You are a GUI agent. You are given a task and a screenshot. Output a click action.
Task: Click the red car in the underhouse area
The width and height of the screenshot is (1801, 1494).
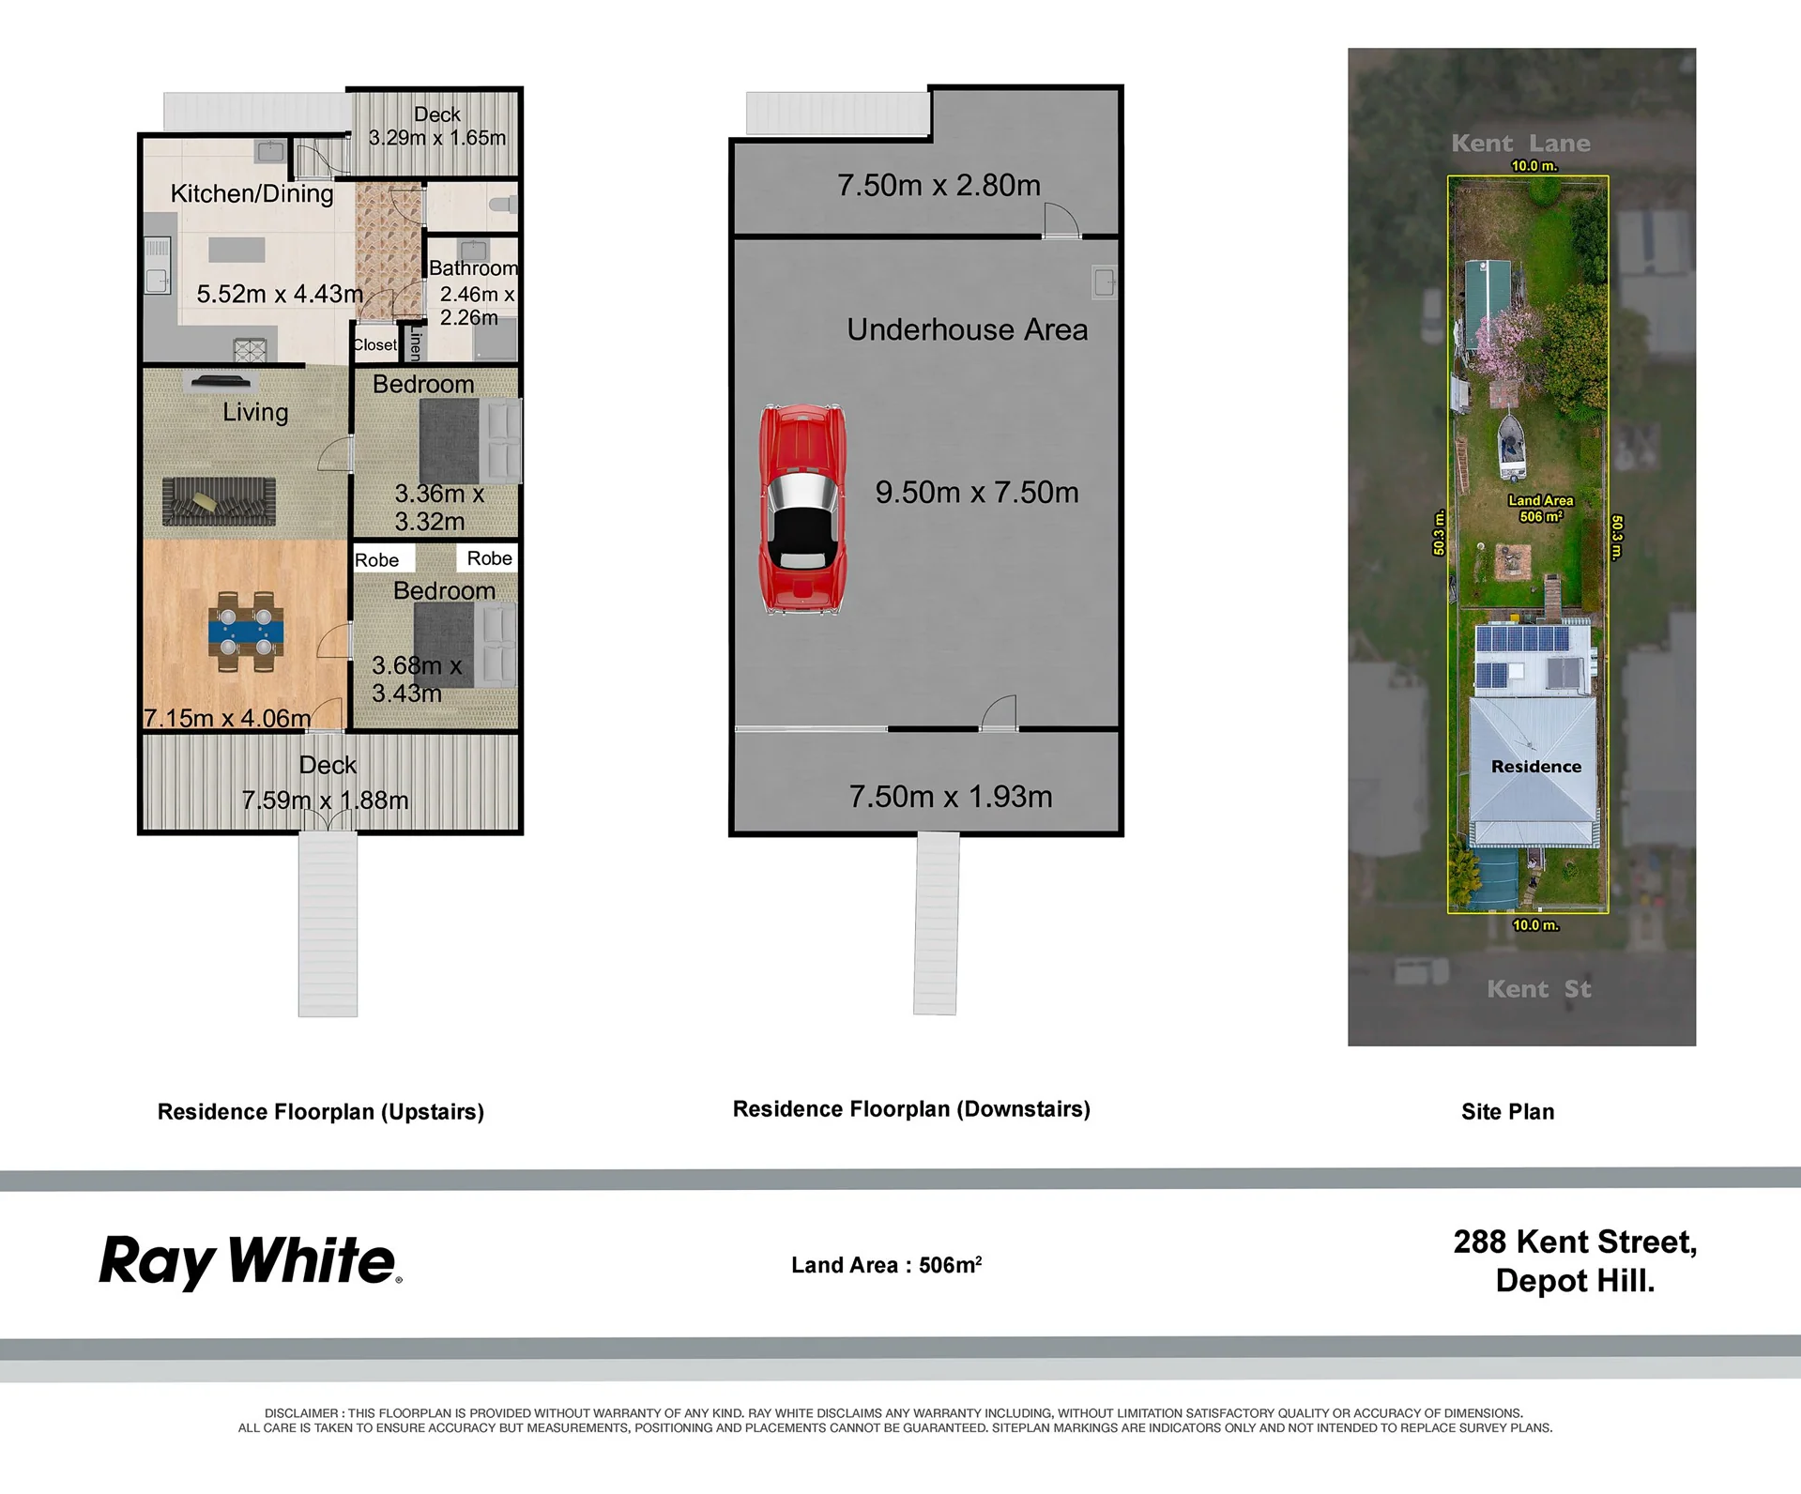[802, 510]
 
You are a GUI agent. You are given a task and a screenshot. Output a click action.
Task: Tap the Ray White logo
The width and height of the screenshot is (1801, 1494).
[251, 1262]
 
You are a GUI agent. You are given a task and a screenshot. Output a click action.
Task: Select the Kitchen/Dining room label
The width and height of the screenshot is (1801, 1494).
[252, 193]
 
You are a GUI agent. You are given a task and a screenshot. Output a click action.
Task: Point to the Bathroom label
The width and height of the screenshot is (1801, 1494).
[473, 268]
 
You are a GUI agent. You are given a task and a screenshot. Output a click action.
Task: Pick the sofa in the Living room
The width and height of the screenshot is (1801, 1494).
[219, 501]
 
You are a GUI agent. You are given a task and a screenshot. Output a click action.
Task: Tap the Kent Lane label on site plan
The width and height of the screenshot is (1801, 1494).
[1520, 144]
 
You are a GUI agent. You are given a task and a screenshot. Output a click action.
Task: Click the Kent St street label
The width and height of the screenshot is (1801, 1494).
[1539, 989]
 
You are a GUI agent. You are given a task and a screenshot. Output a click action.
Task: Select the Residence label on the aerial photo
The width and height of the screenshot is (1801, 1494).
[1536, 767]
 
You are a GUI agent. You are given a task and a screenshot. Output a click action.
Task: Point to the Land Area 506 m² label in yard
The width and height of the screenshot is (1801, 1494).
[1541, 509]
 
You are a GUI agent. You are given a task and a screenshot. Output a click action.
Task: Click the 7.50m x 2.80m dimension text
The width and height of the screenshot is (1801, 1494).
[939, 185]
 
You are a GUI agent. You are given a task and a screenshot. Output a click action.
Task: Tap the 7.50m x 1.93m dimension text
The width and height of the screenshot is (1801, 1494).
[951, 797]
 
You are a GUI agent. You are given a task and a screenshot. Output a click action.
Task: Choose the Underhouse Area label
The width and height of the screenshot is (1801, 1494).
[968, 329]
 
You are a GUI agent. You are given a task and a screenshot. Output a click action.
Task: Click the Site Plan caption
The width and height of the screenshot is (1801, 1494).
[1507, 1112]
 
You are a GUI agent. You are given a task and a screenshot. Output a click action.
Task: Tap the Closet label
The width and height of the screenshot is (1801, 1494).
[375, 344]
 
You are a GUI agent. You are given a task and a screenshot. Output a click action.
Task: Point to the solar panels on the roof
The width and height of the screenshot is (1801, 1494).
[1522, 657]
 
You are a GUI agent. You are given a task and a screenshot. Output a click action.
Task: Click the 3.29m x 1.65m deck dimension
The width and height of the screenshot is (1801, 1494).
[437, 138]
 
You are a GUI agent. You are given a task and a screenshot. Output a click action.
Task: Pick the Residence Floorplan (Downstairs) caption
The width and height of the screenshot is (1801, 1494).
[911, 1109]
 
